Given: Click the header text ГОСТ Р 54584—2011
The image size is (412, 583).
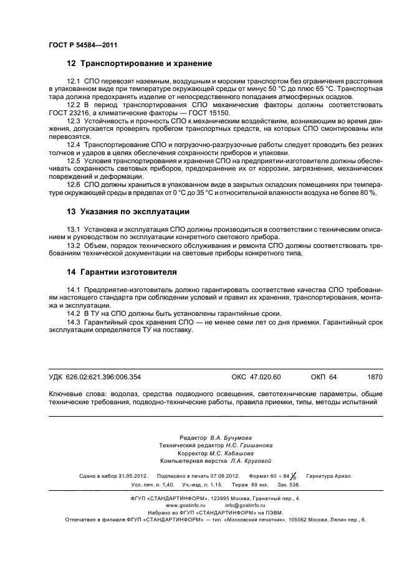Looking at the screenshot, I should click(x=83, y=45).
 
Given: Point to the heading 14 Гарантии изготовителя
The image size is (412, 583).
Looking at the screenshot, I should click(x=122, y=272).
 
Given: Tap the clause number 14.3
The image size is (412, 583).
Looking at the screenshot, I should click(x=74, y=322).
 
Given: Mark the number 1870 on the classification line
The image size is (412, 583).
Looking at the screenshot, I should click(x=375, y=377).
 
